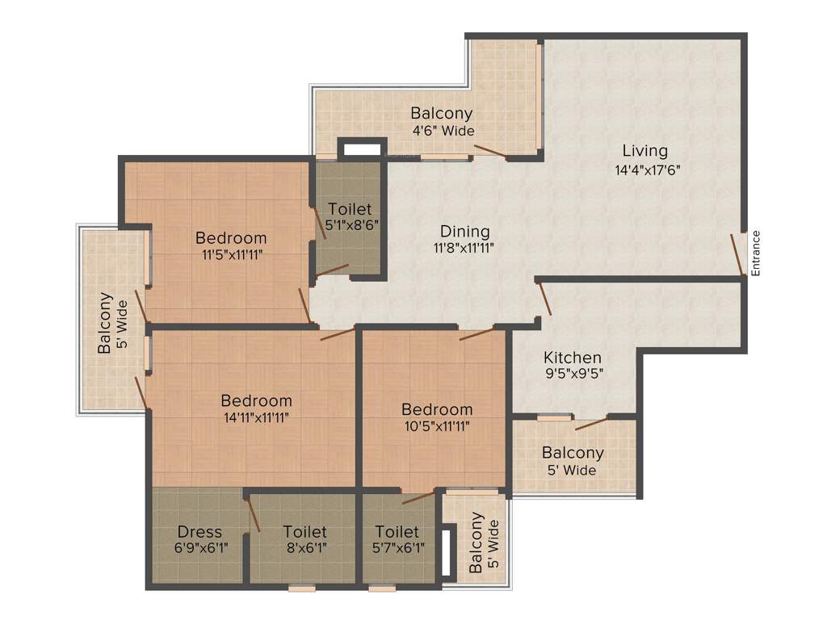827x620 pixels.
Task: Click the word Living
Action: [x=644, y=150]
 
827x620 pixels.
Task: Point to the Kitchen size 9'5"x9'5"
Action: [x=573, y=374]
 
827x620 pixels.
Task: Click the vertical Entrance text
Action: [x=756, y=253]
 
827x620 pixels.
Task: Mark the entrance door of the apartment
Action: [x=737, y=254]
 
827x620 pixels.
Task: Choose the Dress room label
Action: [x=199, y=532]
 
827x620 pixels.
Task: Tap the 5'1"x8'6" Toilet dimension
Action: [x=351, y=224]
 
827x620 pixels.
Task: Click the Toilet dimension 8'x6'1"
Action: [x=304, y=548]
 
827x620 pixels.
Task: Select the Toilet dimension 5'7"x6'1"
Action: [x=397, y=548]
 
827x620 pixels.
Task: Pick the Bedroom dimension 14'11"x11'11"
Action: [x=256, y=417]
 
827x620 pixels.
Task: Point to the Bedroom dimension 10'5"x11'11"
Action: [x=437, y=425]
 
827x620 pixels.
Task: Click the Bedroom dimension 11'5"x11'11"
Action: [x=231, y=254]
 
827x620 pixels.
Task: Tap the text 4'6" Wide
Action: [x=442, y=131]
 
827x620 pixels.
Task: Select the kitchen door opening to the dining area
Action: [x=544, y=298]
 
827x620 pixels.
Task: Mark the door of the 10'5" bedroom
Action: [x=476, y=333]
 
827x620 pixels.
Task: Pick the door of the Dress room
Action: [x=252, y=513]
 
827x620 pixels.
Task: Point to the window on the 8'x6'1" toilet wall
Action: [x=302, y=589]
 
